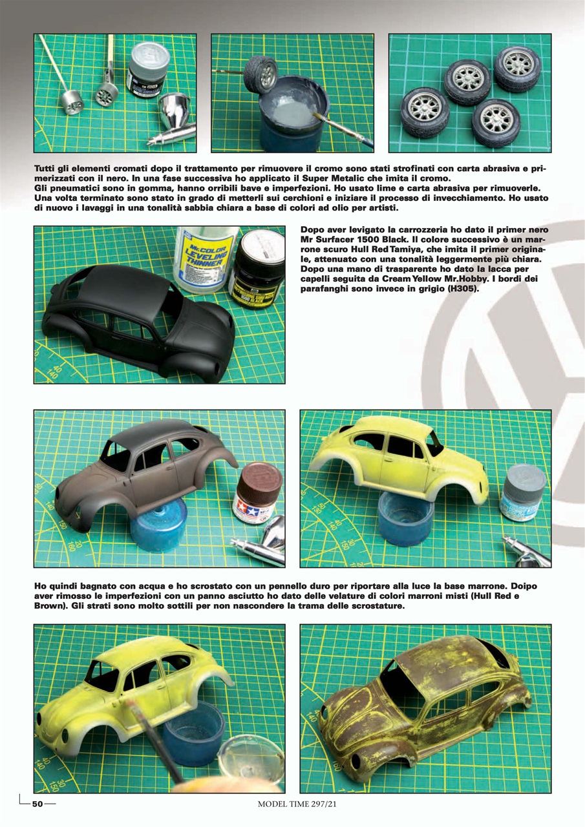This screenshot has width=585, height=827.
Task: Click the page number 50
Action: (37, 804)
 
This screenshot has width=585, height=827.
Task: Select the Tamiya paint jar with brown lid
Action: (257, 493)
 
